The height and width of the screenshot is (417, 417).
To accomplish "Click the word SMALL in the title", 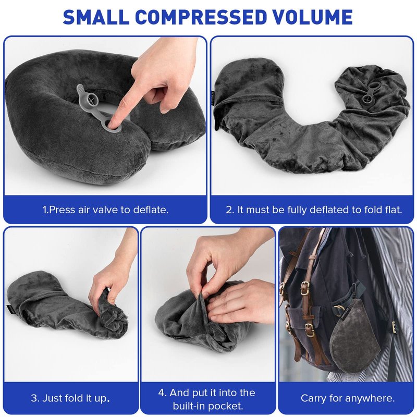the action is point(96,17).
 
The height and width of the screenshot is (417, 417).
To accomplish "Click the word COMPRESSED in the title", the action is point(201,17).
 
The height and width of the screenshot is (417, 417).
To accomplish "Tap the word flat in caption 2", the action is point(393,210).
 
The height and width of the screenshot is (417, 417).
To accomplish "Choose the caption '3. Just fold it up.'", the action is point(70,398).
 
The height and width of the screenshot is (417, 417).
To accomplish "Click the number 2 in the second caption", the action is point(229,210).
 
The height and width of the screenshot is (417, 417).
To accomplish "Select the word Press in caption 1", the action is point(62,210).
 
